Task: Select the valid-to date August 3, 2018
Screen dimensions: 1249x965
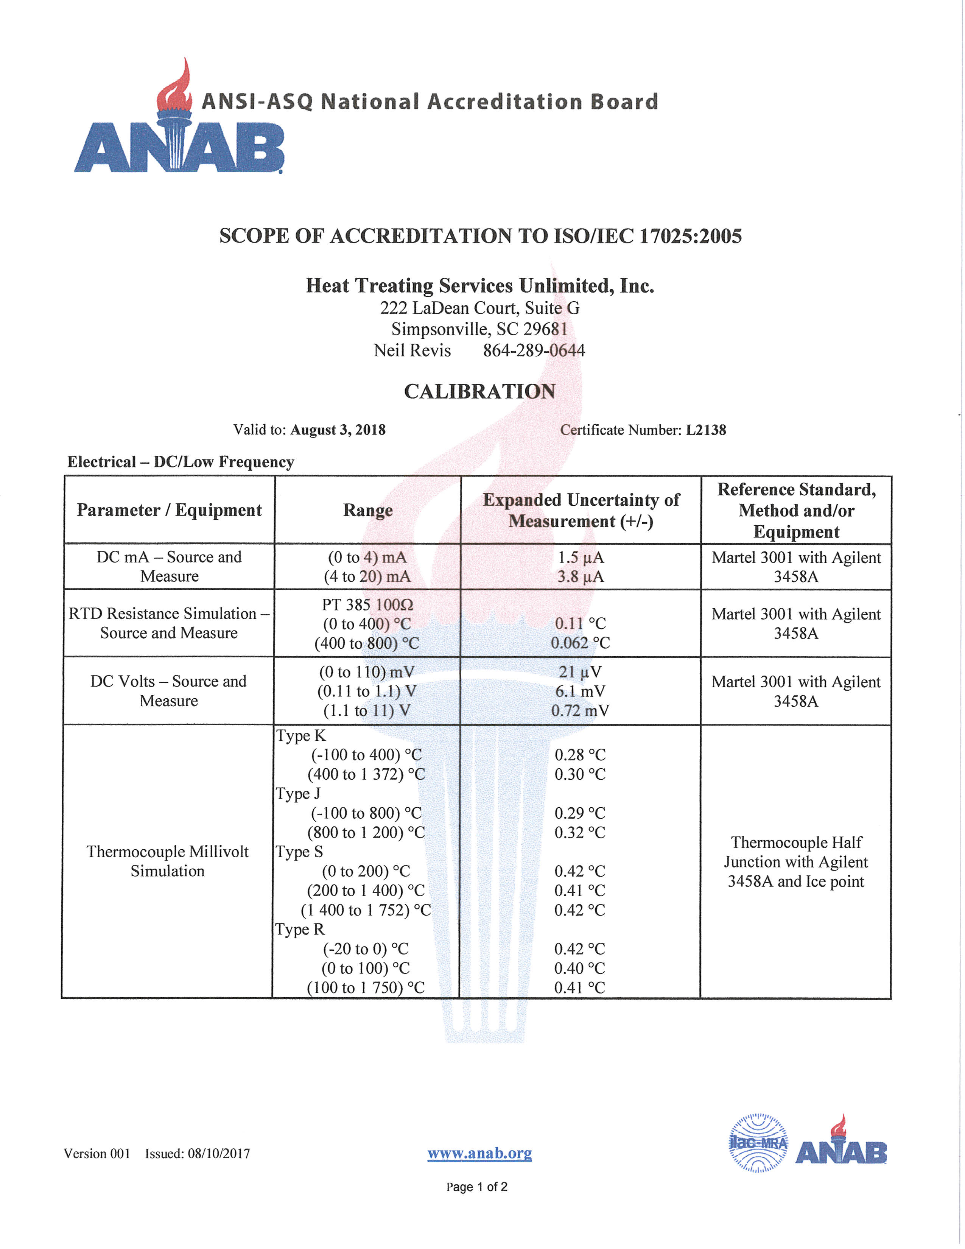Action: coord(338,430)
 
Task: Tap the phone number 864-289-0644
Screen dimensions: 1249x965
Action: coord(534,350)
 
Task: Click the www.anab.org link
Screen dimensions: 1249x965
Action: coord(479,1154)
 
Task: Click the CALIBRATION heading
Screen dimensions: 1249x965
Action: coord(479,391)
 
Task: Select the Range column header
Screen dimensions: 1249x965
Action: coord(367,510)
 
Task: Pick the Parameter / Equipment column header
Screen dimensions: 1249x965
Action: coord(169,510)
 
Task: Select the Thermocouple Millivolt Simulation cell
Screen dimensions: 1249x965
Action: coord(168,861)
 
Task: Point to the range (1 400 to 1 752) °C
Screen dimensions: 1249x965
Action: coord(366,910)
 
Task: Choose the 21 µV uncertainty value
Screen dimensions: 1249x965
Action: coord(580,672)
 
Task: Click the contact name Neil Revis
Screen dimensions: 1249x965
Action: coord(412,350)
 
